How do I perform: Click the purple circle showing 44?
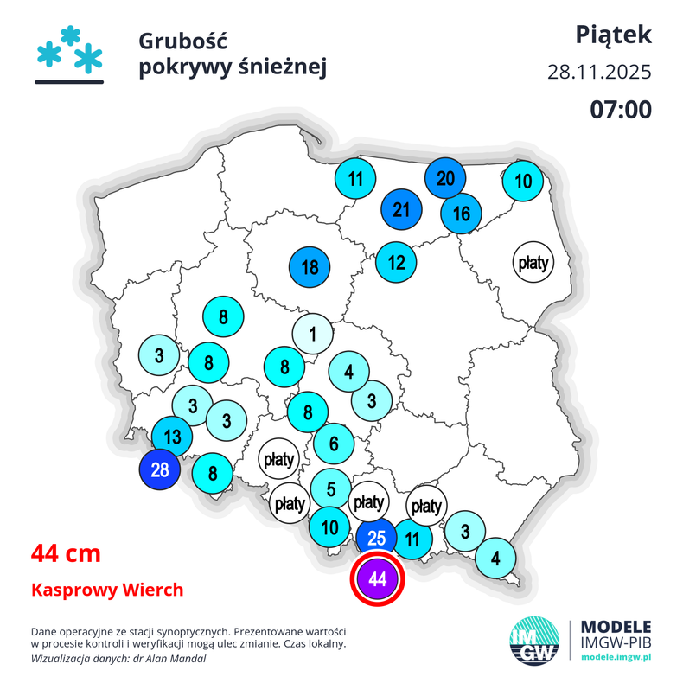pyautogui.click(x=378, y=578)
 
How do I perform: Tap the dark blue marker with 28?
pyautogui.click(x=160, y=470)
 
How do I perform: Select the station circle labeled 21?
pyautogui.click(x=400, y=210)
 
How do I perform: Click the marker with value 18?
pyautogui.click(x=310, y=267)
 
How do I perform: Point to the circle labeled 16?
pyautogui.click(x=461, y=214)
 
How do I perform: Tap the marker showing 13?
pyautogui.click(x=172, y=436)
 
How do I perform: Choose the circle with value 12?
pyautogui.click(x=396, y=262)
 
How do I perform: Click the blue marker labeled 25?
pyautogui.click(x=377, y=538)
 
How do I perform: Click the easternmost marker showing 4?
pyautogui.click(x=495, y=558)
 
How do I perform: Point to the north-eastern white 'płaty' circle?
pyautogui.click(x=533, y=262)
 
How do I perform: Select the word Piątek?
pyautogui.click(x=614, y=35)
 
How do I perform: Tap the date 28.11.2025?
pyautogui.click(x=599, y=72)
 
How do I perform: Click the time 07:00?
pyautogui.click(x=621, y=109)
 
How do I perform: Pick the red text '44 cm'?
pyautogui.click(x=66, y=552)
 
